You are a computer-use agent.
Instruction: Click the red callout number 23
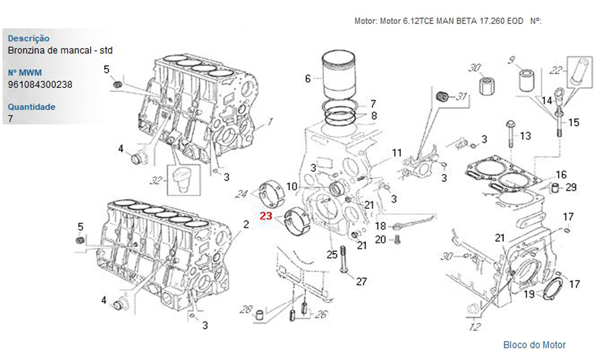266,216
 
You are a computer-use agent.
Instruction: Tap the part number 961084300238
40,85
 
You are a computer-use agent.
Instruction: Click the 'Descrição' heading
29,38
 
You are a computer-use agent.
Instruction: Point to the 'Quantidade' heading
32,107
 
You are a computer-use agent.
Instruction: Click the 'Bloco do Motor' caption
534,344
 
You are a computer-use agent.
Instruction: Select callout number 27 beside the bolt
361,281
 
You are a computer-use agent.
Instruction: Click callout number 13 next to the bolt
525,136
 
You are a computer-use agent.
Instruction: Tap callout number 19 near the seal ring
529,294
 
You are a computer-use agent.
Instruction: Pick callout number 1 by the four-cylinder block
270,121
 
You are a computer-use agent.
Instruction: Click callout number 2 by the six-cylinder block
246,225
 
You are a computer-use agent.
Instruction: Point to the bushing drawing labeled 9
526,80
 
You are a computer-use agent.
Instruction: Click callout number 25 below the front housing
332,254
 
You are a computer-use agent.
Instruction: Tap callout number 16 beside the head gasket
561,175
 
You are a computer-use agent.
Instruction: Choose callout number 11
397,152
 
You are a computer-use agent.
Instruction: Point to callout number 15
574,122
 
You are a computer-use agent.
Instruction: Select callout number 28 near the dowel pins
246,309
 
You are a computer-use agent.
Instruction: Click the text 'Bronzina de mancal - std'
61,50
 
